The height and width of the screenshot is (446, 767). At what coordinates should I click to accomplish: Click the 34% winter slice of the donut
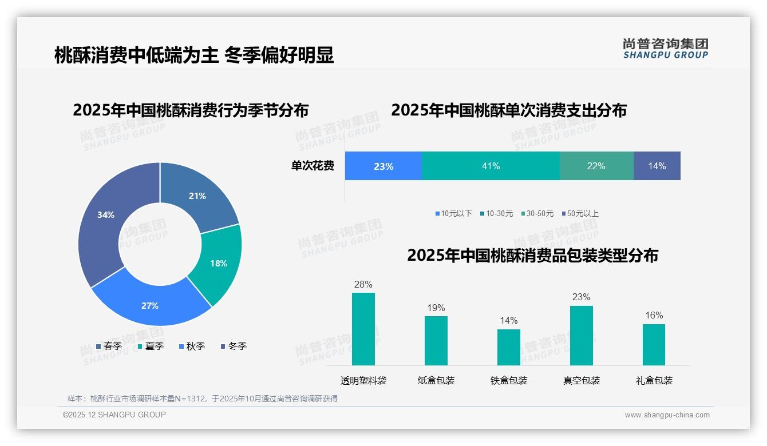tap(103, 217)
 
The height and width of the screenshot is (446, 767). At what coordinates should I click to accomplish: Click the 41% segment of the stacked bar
tap(491, 166)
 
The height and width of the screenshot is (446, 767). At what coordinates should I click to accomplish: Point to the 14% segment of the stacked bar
tap(657, 166)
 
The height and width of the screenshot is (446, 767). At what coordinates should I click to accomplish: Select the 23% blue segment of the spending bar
tap(383, 166)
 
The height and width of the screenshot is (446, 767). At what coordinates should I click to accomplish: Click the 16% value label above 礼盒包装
tap(654, 316)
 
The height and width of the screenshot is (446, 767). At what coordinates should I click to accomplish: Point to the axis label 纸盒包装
tap(436, 380)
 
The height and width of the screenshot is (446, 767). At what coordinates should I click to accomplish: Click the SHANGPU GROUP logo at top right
tap(665, 49)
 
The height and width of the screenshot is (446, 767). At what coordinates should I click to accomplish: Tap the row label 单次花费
tap(313, 166)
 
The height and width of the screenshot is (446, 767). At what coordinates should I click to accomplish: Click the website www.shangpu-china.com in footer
tap(667, 415)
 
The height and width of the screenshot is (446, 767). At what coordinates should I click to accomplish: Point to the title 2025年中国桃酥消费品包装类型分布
tap(532, 255)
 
